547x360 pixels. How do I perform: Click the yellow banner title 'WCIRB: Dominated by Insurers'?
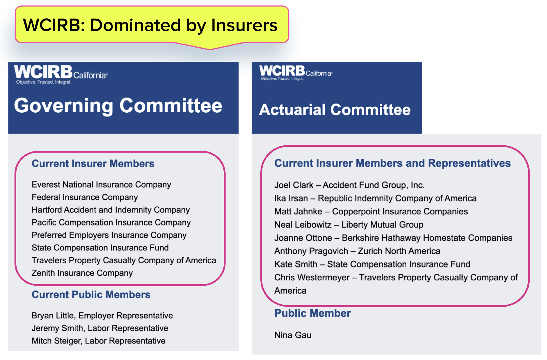(x=150, y=25)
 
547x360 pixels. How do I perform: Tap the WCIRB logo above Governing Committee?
(x=61, y=74)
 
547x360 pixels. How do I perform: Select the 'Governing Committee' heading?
(x=118, y=106)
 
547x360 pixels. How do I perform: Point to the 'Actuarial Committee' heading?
(x=335, y=110)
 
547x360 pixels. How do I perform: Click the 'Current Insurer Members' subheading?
(x=93, y=164)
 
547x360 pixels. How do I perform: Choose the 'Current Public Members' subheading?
(x=91, y=295)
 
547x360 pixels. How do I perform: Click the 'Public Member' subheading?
(x=312, y=313)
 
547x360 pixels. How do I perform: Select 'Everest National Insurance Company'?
(x=101, y=185)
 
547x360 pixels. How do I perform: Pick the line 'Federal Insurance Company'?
(x=85, y=197)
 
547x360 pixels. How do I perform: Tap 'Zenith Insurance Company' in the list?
(x=82, y=273)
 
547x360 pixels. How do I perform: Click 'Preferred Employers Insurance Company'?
(x=109, y=235)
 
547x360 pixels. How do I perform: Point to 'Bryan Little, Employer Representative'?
(x=102, y=316)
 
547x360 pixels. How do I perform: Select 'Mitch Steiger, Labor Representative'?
(x=98, y=341)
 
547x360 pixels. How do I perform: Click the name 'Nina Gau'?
(x=293, y=335)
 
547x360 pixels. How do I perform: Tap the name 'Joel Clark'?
(x=294, y=185)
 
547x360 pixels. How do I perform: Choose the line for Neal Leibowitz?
(x=349, y=225)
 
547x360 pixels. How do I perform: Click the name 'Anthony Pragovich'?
(x=311, y=251)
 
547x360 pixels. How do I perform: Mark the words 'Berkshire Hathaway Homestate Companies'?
(x=427, y=238)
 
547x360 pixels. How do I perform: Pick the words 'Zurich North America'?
(x=399, y=251)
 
